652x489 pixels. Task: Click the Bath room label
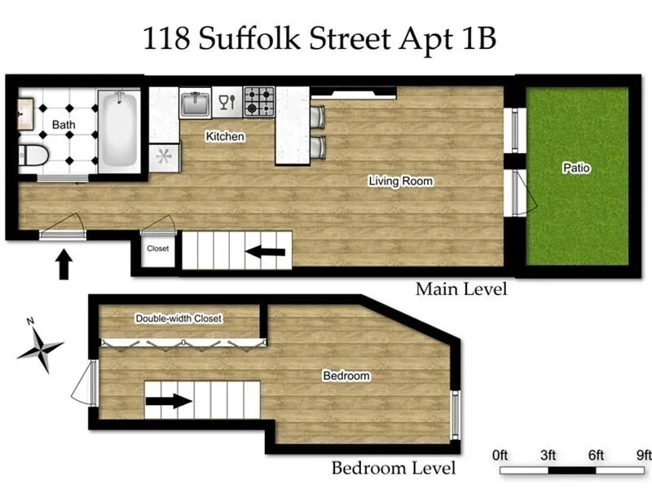pyautogui.click(x=64, y=125)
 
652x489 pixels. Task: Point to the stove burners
pyautogui.click(x=260, y=102)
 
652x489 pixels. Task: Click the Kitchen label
pyautogui.click(x=224, y=136)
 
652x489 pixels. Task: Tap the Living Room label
pyautogui.click(x=399, y=181)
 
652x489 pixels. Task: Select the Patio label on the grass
pyautogui.click(x=576, y=169)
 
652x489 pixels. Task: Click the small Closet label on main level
pyautogui.click(x=157, y=249)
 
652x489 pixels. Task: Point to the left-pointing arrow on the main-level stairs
pyautogui.click(x=265, y=253)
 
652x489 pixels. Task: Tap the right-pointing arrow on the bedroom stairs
pyautogui.click(x=171, y=401)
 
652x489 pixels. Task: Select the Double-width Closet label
pyautogui.click(x=178, y=318)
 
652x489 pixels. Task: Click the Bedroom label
pyautogui.click(x=346, y=376)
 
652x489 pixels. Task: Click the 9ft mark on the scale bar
pyautogui.click(x=643, y=454)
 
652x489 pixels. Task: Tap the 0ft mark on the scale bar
pyautogui.click(x=500, y=454)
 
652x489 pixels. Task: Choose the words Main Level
pyautogui.click(x=460, y=289)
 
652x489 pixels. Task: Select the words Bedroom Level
pyautogui.click(x=393, y=469)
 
